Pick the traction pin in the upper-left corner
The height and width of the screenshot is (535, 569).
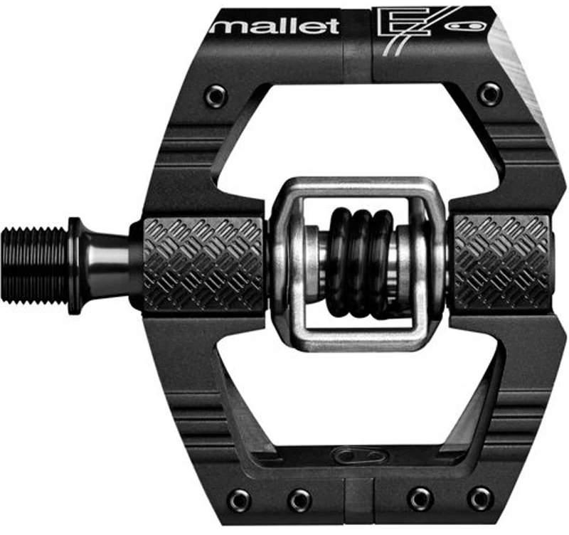[x=216, y=95]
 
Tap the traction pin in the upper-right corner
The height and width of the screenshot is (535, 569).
[x=489, y=93]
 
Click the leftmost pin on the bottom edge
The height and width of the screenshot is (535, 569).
[x=240, y=499]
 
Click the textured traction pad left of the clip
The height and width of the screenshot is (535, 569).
[x=203, y=264]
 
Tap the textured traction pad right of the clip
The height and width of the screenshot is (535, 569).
[x=501, y=262]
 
